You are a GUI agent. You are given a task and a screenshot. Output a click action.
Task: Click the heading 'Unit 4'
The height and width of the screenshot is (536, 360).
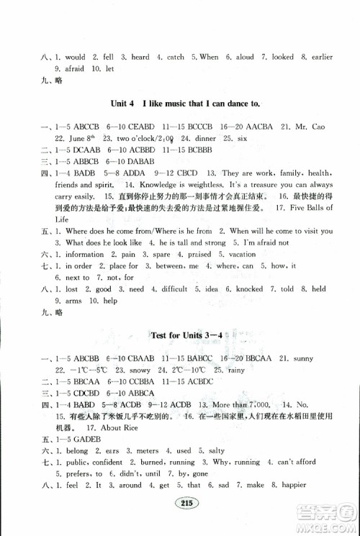(117, 106)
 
